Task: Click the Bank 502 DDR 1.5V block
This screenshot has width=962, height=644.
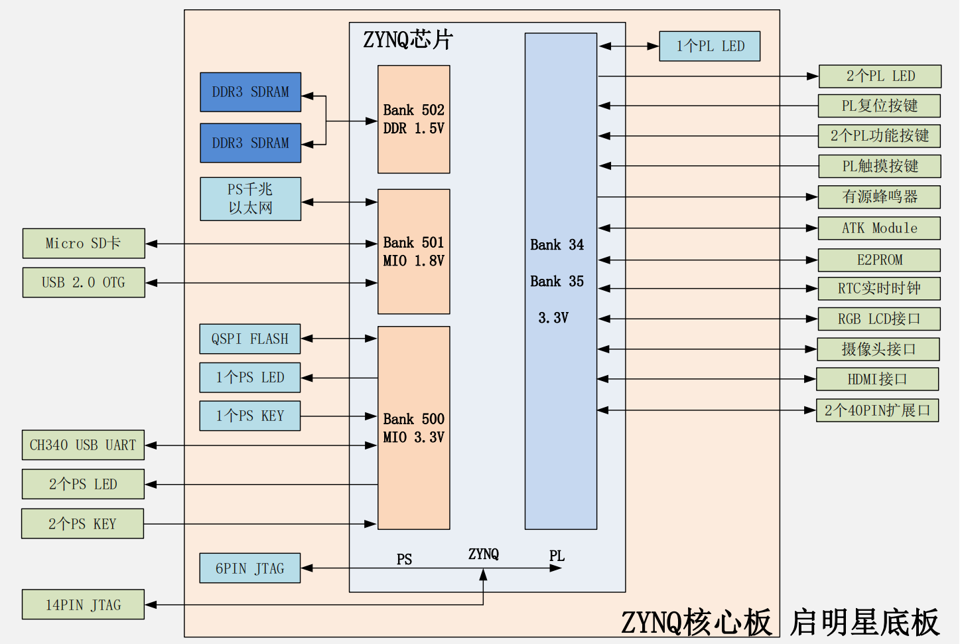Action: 413,120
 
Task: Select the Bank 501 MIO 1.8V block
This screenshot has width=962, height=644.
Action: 413,252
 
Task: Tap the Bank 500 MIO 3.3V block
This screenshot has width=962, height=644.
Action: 413,428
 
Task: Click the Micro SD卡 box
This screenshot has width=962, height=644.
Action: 84,244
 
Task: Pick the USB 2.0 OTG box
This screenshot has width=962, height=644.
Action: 84,283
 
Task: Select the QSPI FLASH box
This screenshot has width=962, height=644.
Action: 250,339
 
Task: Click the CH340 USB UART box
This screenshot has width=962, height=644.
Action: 83,445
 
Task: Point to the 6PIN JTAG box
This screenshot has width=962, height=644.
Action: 250,568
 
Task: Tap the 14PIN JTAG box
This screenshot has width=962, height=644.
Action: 83,605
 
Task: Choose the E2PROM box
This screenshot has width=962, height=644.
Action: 879,260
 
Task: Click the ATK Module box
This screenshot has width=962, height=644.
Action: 879,228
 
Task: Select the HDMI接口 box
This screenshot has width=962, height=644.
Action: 877,380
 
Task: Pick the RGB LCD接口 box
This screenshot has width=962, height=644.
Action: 879,319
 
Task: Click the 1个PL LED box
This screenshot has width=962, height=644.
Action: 710,46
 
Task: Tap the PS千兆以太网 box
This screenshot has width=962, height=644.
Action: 250,199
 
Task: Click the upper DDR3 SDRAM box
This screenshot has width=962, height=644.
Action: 251,92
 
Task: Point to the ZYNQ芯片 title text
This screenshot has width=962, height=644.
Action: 407,40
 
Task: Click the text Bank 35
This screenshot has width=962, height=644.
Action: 557,282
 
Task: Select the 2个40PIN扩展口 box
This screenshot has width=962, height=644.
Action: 877,410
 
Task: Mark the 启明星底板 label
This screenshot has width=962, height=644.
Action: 864,623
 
